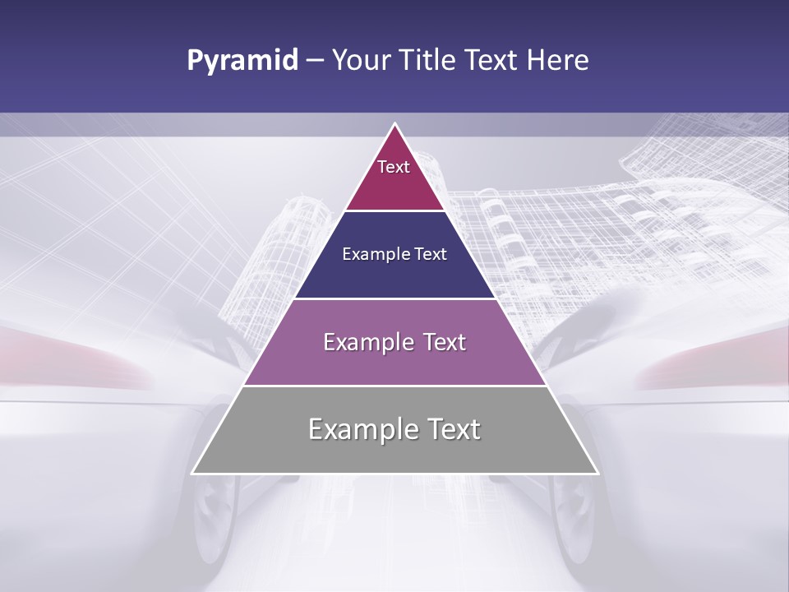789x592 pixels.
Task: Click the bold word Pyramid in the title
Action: click(x=242, y=61)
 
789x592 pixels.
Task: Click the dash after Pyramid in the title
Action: click(x=315, y=61)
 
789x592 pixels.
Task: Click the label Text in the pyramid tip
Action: click(x=394, y=167)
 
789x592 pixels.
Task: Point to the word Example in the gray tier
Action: click(x=361, y=429)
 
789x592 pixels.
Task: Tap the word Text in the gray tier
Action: click(x=454, y=429)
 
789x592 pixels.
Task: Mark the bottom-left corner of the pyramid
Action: click(x=193, y=473)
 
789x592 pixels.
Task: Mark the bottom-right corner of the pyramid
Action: click(x=597, y=473)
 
